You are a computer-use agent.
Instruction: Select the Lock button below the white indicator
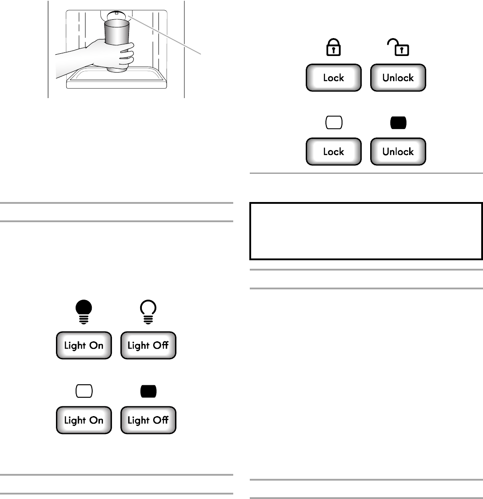(x=333, y=152)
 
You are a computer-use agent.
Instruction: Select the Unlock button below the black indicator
(x=398, y=152)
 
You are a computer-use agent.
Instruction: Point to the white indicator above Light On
(x=84, y=391)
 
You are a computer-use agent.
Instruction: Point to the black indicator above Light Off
(x=148, y=391)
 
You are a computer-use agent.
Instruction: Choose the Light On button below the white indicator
(x=84, y=420)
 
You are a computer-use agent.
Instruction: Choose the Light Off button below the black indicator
(x=148, y=420)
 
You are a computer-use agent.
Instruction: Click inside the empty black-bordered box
(x=365, y=231)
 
